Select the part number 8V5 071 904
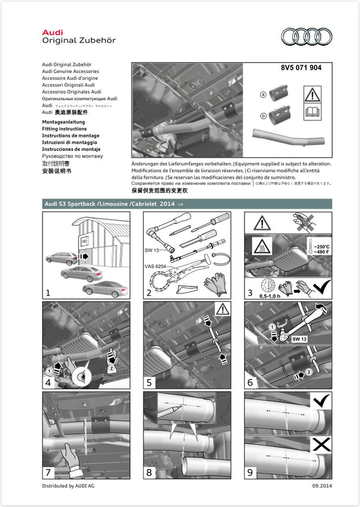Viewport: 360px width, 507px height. [300, 68]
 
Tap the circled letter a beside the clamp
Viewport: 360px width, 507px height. [263, 94]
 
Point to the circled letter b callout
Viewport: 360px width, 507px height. [263, 116]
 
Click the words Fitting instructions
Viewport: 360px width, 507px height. [64, 129]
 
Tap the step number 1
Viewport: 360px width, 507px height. [48, 292]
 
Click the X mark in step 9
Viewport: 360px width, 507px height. [321, 445]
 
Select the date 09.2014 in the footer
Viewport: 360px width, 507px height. [321, 485]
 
